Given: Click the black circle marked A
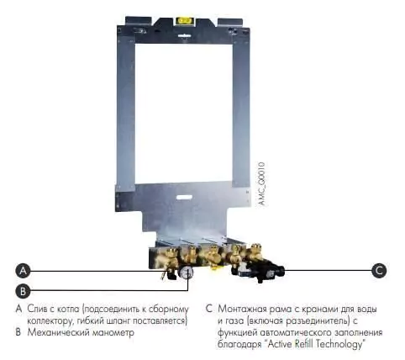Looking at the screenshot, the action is (23, 271).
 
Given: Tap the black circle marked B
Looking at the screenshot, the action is (23, 291).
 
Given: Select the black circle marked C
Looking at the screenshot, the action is (379, 271).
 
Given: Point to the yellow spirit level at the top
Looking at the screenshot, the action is (184, 21).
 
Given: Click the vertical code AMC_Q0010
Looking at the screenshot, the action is (261, 184).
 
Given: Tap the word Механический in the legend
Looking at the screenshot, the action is (58, 332).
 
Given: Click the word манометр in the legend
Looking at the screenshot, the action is (113, 333).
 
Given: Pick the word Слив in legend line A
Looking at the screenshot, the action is (37, 309).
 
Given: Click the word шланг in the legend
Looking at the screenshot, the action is (117, 320).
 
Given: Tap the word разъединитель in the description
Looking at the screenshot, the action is (317, 321).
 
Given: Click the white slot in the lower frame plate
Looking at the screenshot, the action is (184, 197).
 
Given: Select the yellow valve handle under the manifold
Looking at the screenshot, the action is (214, 267).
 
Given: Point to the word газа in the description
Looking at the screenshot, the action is (234, 321).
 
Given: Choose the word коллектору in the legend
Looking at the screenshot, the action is (48, 321).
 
